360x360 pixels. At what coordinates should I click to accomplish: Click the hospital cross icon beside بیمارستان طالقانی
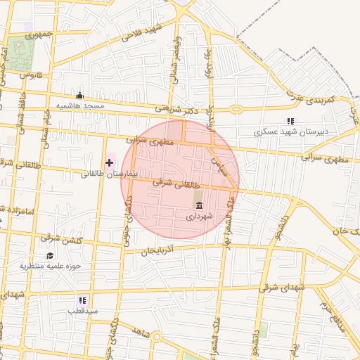pos(109,163)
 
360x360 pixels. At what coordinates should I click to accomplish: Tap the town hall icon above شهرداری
pos(200,206)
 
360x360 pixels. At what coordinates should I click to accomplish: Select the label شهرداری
pos(199,218)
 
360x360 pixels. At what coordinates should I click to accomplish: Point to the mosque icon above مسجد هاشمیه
pos(79,96)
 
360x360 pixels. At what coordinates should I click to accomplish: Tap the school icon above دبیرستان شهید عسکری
pos(291,121)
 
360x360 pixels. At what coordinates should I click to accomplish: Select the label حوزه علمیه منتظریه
pos(51,266)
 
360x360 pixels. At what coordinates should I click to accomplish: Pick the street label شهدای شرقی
pos(283,288)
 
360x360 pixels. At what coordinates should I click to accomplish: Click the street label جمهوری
pos(40,34)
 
